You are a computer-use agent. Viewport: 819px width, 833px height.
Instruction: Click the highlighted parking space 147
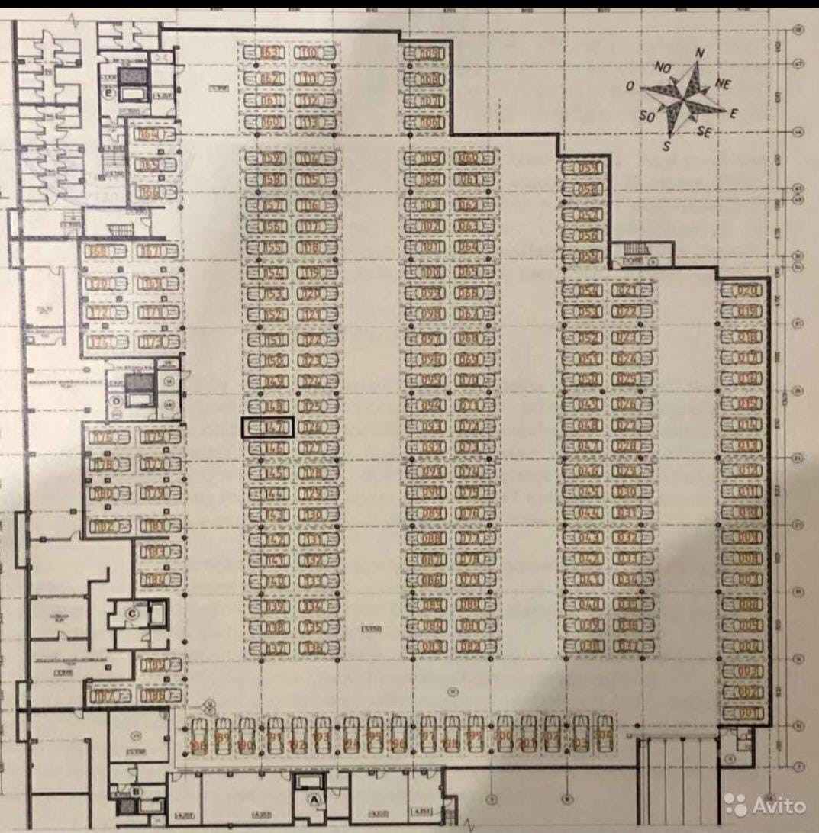click(267, 427)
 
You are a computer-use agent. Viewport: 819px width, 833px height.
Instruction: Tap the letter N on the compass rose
click(699, 53)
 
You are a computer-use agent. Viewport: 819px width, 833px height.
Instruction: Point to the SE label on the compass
click(705, 131)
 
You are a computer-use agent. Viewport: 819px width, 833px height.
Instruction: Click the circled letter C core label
click(132, 611)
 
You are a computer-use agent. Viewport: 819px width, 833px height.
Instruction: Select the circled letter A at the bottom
click(311, 799)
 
